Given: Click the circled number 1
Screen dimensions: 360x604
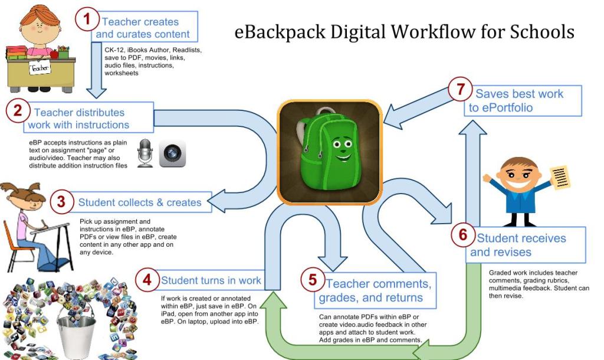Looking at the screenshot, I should click(87, 19).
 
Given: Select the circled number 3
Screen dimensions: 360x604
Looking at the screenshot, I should click(61, 202).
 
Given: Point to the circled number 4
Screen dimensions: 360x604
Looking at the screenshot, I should click(146, 280).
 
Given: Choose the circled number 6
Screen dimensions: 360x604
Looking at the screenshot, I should click(462, 234).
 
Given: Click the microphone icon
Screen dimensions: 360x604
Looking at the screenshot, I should click(145, 153).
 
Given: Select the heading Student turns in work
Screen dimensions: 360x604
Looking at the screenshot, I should click(211, 280).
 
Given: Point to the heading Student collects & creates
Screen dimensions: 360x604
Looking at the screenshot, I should click(140, 202).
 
